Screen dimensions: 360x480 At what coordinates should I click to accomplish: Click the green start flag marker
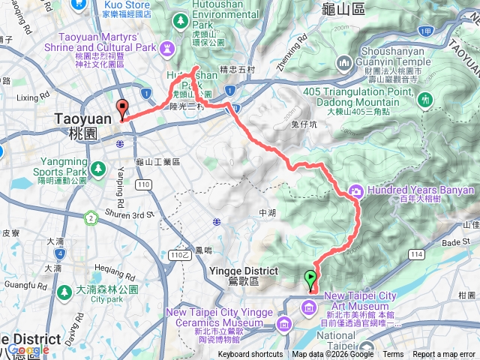(310, 280)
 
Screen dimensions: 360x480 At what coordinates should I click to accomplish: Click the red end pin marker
(122, 109)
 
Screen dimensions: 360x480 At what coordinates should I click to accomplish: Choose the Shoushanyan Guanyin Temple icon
(346, 64)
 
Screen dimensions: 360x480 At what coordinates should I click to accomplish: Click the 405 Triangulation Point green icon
(426, 98)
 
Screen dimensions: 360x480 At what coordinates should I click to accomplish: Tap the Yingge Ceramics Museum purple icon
(284, 323)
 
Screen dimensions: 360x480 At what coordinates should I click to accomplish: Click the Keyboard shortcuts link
(250, 355)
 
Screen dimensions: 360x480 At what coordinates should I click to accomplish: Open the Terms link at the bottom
(393, 355)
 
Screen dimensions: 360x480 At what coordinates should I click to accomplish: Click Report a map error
(445, 355)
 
